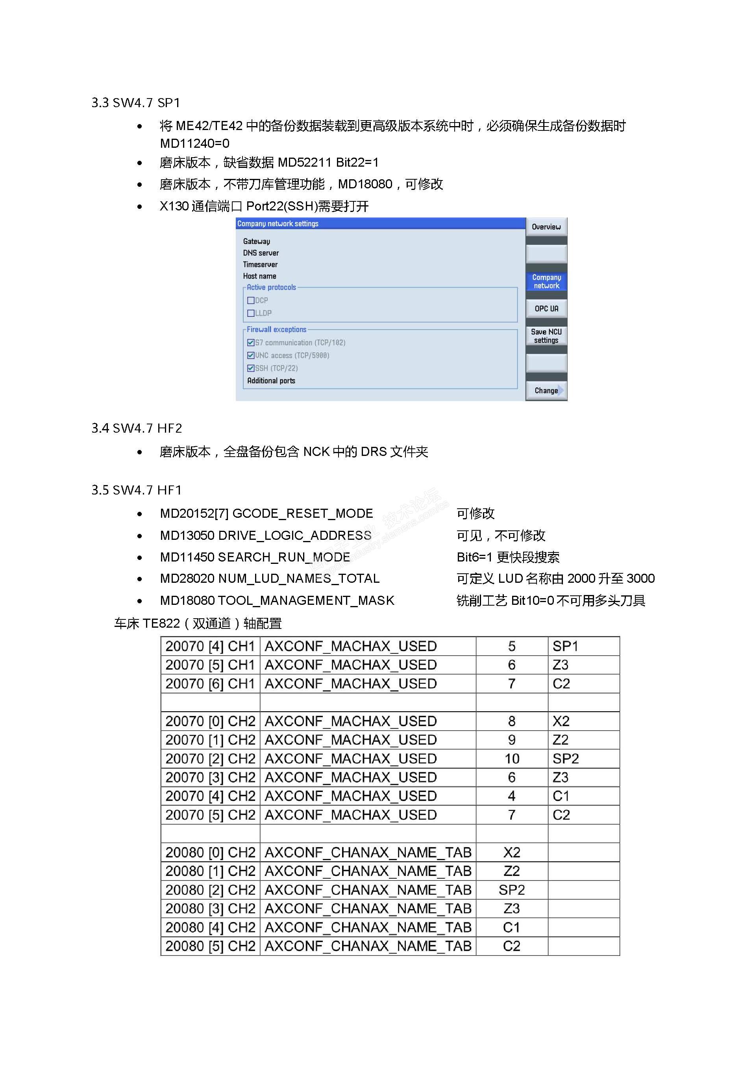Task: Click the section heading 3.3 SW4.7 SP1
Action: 135,102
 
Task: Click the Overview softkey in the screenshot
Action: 546,227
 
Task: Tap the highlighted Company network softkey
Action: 546,281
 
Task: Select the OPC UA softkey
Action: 546,308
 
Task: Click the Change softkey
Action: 546,390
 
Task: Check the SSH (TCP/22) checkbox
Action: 251,368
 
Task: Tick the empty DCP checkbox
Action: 251,300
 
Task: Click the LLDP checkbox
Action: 251,313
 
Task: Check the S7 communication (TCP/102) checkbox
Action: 251,342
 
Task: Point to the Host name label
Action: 259,276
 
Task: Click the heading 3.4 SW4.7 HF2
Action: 136,428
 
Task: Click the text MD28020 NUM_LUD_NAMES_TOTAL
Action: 269,578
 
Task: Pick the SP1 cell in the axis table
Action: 565,646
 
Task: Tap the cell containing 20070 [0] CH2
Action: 210,721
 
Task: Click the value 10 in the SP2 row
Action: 512,759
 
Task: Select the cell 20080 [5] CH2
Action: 210,946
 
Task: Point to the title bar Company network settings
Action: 278,223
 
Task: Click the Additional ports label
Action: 271,380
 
